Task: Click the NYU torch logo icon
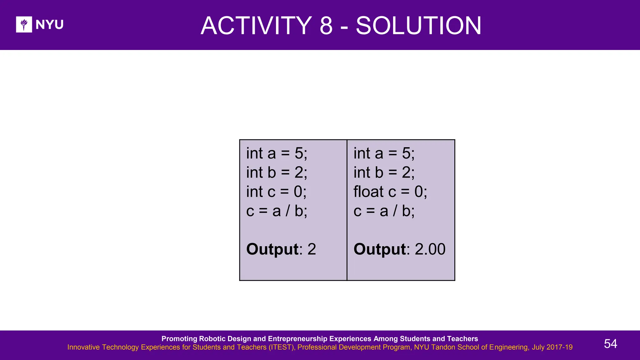(24, 24)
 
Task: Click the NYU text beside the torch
(49, 24)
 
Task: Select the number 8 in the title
(326, 26)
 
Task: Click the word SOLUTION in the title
(419, 26)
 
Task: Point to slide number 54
(610, 344)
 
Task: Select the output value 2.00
(430, 249)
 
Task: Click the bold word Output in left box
(272, 249)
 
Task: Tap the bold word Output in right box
(380, 249)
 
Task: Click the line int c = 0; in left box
(276, 192)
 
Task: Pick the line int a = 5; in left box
(277, 153)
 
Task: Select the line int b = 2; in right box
(384, 172)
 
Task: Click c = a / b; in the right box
(384, 211)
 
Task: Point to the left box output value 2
(312, 249)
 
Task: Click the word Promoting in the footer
(179, 339)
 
